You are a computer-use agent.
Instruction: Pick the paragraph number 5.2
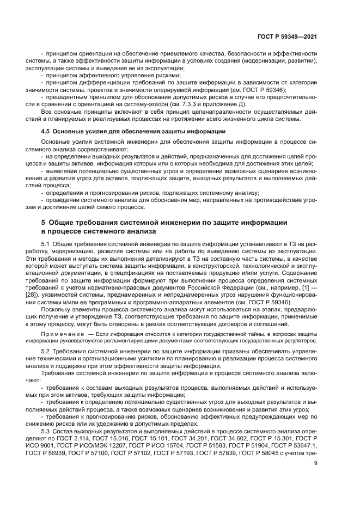point(45,352)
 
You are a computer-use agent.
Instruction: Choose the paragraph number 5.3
point(45,430)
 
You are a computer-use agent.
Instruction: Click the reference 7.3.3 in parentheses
point(213,104)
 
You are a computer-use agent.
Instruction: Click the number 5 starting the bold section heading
point(43,222)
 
